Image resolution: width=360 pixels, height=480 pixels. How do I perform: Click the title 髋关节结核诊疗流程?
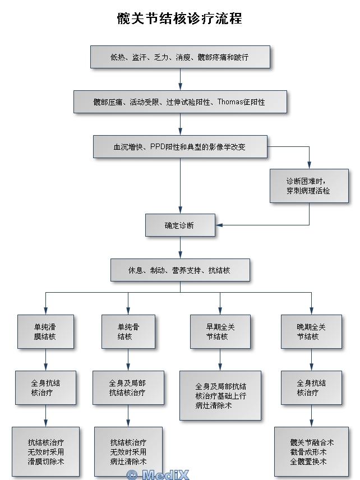coord(179,19)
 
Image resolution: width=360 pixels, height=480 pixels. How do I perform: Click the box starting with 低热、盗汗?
coord(180,57)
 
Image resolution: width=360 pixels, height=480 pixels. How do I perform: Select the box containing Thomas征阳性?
coord(180,102)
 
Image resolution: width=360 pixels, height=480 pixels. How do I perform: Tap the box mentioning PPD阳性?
coord(180,147)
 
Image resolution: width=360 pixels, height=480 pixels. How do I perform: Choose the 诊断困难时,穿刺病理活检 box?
coord(309,186)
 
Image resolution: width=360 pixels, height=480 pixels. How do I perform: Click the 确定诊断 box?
coord(180,225)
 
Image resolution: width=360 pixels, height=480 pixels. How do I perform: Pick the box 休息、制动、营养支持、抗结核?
coord(180,270)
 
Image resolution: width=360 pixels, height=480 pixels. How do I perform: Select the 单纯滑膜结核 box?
coord(45,331)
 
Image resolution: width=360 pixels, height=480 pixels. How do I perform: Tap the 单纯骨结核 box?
coord(128,331)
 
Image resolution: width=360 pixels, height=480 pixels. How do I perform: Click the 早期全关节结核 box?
coord(220,331)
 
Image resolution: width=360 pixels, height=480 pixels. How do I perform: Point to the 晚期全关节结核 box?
coord(312,331)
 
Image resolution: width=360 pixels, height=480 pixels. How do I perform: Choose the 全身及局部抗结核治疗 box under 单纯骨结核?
coord(128,387)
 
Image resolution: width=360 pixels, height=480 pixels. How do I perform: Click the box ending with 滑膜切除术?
coord(45,451)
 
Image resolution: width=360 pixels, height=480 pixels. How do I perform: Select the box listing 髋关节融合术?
coord(312,451)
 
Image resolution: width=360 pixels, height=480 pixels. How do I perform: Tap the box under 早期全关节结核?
coord(220,395)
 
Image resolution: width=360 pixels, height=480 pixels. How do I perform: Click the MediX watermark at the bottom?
coord(158,475)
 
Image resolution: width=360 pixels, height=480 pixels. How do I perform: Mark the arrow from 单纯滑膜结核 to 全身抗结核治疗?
coord(45,359)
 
